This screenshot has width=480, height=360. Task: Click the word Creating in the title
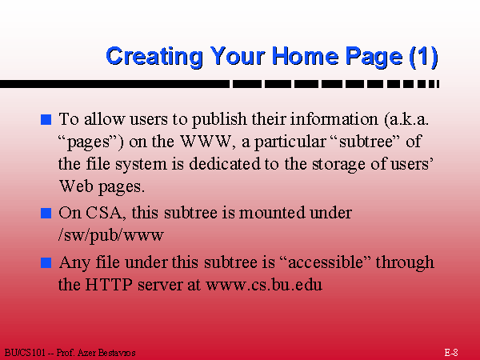[154, 57]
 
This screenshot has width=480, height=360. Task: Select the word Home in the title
[306, 55]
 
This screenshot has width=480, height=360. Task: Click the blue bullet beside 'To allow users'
[46, 119]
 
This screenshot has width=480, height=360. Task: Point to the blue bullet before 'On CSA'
[46, 213]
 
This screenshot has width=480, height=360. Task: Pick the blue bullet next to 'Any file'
[46, 262]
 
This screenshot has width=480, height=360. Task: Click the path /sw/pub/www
[111, 235]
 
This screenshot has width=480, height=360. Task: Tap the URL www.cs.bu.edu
[264, 285]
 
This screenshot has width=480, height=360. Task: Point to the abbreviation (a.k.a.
[406, 119]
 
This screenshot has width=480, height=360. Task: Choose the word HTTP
[109, 284]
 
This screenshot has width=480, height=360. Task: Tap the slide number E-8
[451, 352]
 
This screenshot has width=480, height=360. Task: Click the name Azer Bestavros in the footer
[106, 353]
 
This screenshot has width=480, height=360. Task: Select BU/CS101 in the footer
[25, 353]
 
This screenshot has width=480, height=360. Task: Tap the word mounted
[272, 213]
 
